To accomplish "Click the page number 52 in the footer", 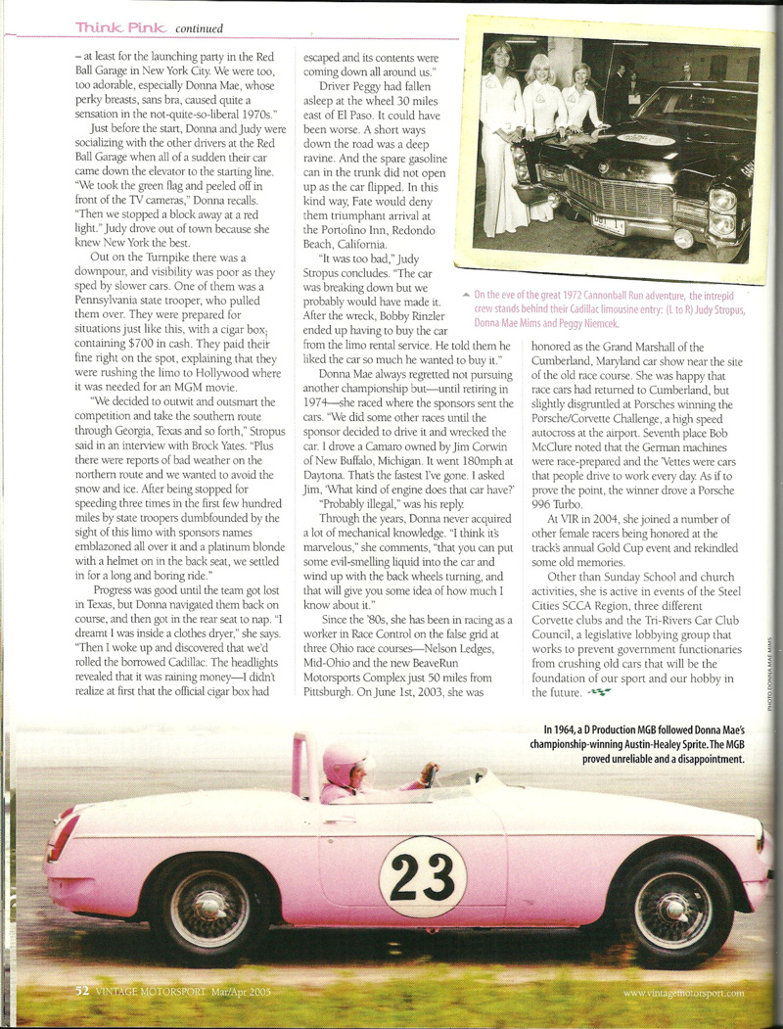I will [83, 992].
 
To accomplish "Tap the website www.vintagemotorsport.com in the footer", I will [683, 993].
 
